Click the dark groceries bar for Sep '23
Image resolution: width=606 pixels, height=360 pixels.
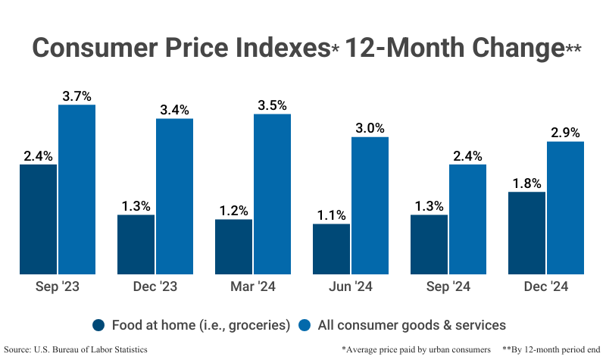(x=38, y=219)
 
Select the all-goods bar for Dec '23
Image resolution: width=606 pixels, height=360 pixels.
(x=174, y=196)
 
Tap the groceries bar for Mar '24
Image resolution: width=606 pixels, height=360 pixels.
(x=233, y=246)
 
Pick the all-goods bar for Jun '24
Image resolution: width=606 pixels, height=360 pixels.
(x=370, y=205)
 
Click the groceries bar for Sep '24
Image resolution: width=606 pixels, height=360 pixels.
(x=429, y=244)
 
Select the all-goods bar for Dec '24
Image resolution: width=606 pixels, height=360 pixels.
(x=565, y=208)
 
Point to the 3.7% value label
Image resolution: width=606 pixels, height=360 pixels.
(x=77, y=96)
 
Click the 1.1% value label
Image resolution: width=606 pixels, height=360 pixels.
(x=331, y=215)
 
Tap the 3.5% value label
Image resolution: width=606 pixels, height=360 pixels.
(x=272, y=105)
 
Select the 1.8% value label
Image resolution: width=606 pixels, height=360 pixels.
(x=526, y=183)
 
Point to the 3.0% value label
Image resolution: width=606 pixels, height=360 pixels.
(x=370, y=128)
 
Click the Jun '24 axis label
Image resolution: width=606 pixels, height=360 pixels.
(x=350, y=287)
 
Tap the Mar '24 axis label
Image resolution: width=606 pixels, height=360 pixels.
(x=252, y=287)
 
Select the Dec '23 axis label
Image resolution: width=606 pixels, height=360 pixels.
(x=155, y=287)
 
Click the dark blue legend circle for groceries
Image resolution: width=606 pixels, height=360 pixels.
(x=99, y=325)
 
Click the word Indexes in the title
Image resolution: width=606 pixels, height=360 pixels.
(x=266, y=48)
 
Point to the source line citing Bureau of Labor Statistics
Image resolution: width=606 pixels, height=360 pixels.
(x=76, y=349)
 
